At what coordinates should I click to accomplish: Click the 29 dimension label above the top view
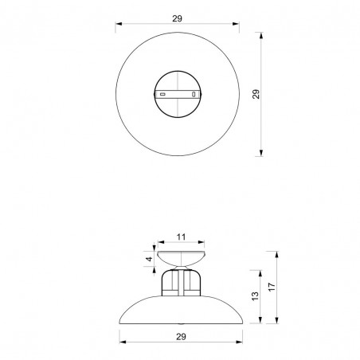coord(177,18)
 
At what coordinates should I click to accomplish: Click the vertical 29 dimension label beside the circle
coord(256,94)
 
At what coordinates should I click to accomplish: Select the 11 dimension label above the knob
coord(181,237)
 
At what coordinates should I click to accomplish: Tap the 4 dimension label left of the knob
coord(150,259)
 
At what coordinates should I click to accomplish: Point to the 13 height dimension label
coord(255,296)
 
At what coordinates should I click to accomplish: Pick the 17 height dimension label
coord(272,287)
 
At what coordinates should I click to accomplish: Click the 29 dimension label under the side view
coord(181,337)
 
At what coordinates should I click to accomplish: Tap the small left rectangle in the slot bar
coord(163,94)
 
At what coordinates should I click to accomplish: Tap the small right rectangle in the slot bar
coord(194,94)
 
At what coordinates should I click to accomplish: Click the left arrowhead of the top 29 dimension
coord(119,24)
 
